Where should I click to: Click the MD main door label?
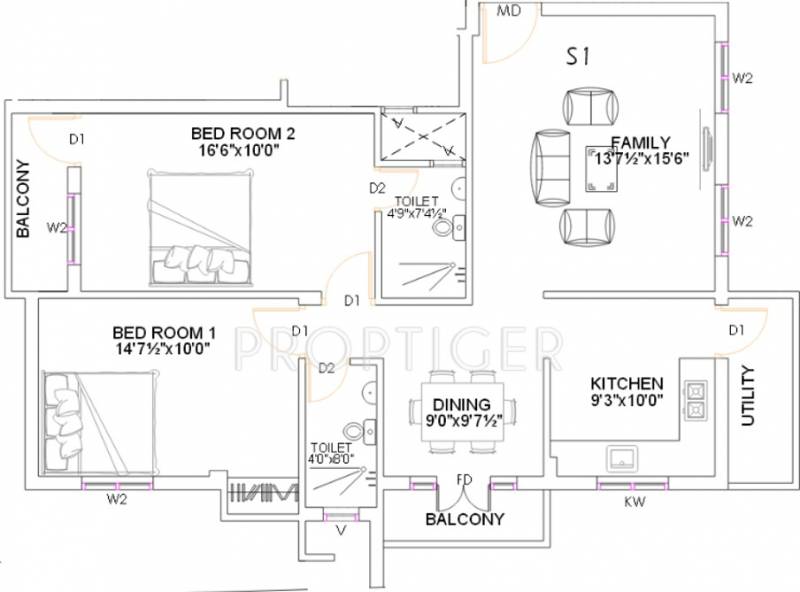click(x=509, y=10)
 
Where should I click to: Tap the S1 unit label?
click(x=578, y=56)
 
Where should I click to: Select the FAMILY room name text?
click(x=640, y=142)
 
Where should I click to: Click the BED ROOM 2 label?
click(x=243, y=134)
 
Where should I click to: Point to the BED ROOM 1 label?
click(x=164, y=333)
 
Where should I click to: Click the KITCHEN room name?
click(x=627, y=384)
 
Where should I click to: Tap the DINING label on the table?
click(x=462, y=405)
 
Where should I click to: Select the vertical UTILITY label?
click(x=747, y=396)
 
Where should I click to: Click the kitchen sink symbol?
click(x=622, y=458)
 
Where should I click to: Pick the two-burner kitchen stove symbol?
click(x=696, y=400)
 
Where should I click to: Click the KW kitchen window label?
click(x=635, y=502)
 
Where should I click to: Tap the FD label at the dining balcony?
click(x=464, y=480)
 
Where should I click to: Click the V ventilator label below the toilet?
click(x=341, y=531)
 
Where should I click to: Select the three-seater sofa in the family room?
click(x=552, y=167)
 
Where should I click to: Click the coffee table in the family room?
click(x=602, y=169)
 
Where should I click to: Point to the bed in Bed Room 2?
click(x=200, y=227)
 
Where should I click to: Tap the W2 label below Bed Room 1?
click(x=117, y=500)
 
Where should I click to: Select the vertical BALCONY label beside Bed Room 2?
click(x=23, y=199)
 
